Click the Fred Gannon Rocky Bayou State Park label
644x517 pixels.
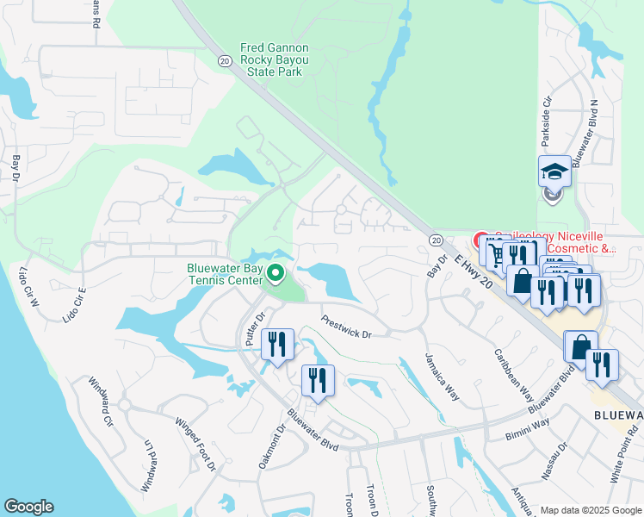[275, 60]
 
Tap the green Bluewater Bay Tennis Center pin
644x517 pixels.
[276, 275]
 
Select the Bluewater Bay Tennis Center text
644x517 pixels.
[226, 274]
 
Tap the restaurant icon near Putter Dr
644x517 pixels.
[277, 344]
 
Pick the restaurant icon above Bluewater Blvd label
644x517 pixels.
[317, 380]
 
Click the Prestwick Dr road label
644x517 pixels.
[345, 325]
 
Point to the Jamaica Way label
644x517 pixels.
[441, 377]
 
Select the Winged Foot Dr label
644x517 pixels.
[195, 444]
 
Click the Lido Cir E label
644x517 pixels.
[75, 304]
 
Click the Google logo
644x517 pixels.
[28, 507]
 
